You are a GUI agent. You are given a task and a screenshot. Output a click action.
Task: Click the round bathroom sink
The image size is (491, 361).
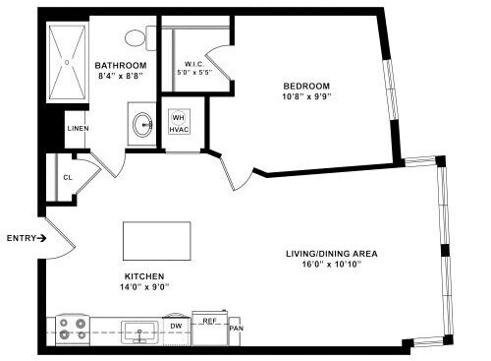[143, 125]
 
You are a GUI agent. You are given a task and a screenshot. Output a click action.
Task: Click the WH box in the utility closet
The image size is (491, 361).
[180, 115]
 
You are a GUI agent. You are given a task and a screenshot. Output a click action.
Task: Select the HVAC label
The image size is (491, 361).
[180, 130]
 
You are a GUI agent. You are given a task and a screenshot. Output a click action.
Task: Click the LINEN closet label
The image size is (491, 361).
[78, 129]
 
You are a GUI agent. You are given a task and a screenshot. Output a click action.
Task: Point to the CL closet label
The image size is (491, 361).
[67, 178]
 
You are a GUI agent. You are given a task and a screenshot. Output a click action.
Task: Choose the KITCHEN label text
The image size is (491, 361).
[143, 276]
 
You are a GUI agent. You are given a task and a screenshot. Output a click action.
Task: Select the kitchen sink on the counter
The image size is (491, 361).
[141, 330]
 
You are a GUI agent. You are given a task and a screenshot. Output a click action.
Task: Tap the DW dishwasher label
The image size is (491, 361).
[177, 324]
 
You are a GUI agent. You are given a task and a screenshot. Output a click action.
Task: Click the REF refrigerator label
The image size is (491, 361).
[209, 321]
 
